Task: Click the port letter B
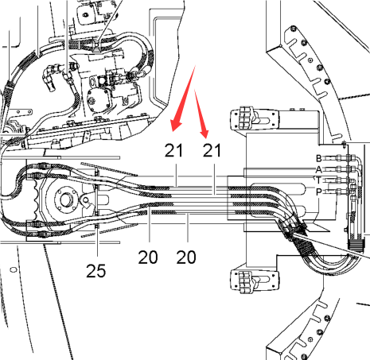[319, 158]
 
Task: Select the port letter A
[319, 169]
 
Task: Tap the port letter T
[318, 180]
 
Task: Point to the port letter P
[319, 192]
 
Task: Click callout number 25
[96, 271]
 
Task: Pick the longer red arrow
[184, 99]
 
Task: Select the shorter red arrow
[201, 114]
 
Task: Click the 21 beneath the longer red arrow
[173, 150]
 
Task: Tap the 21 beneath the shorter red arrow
[212, 150]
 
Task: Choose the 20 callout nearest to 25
[148, 257]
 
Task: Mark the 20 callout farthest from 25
[186, 257]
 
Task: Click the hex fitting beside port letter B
[340, 158]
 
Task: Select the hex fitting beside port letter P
[340, 192]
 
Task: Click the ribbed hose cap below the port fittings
[355, 244]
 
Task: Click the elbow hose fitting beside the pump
[49, 77]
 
